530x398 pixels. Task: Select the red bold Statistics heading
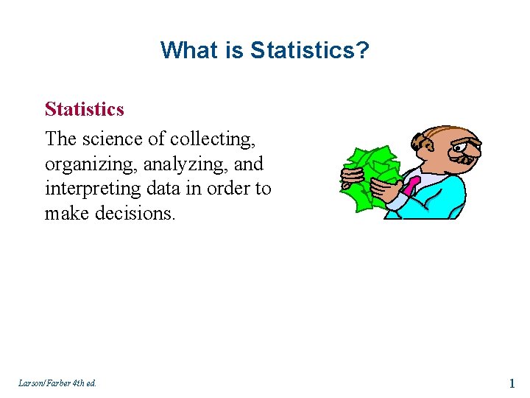pos(84,109)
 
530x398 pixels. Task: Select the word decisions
pos(139,214)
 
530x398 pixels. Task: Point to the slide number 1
pos(511,383)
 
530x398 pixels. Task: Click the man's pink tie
pos(411,184)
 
